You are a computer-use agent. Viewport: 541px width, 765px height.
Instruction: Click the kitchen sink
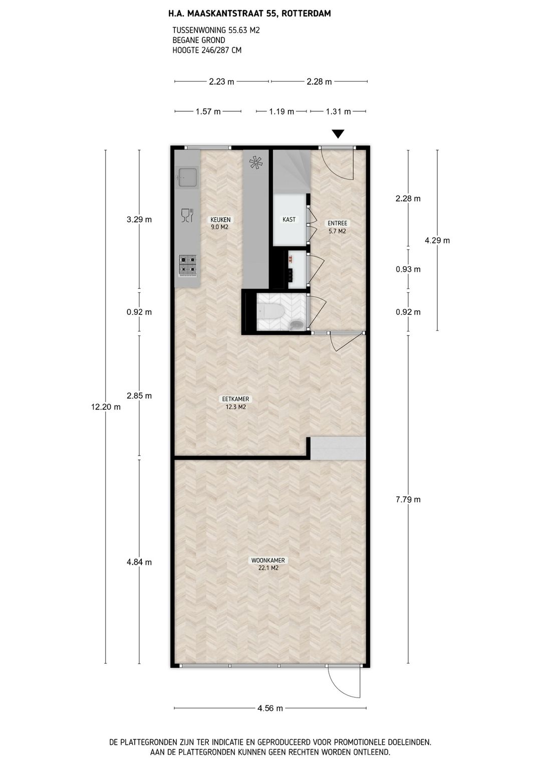point(187,176)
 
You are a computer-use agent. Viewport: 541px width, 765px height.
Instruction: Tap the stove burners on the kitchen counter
point(187,265)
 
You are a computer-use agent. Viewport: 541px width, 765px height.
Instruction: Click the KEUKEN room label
point(220,220)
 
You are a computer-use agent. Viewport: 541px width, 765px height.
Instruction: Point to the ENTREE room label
point(337,224)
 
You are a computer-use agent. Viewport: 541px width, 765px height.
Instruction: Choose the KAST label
point(289,220)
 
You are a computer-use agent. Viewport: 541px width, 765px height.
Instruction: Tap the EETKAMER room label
point(235,400)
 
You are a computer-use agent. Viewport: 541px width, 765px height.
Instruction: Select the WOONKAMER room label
point(268,560)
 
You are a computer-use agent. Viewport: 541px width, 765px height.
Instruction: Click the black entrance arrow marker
point(338,134)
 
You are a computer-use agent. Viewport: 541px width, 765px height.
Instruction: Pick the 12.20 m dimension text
point(106,407)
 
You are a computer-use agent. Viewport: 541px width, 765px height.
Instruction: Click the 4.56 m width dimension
point(270,708)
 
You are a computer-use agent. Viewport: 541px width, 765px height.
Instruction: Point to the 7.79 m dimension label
point(408,499)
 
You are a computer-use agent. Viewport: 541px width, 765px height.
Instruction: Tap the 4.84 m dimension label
point(139,562)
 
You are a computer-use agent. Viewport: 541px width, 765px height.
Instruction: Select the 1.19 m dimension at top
point(282,112)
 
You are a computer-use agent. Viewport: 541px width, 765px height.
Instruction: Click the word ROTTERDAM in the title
point(306,14)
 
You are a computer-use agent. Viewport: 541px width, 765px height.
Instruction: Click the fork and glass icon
point(186,215)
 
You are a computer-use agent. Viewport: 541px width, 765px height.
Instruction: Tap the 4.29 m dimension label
point(437,241)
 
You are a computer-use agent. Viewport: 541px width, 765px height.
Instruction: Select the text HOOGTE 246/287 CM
point(207,50)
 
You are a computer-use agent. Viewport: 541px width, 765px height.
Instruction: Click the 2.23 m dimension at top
point(221,82)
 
